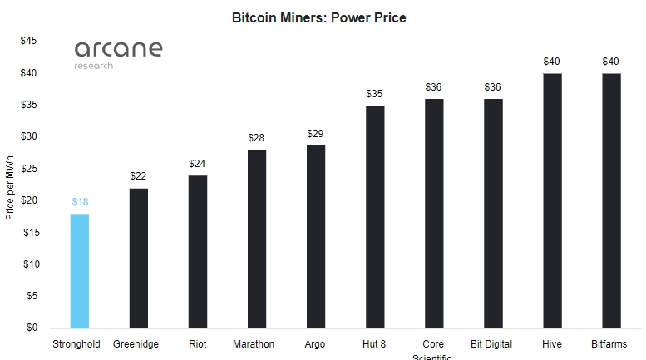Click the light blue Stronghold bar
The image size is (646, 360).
pyautogui.click(x=80, y=271)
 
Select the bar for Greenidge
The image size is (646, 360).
pyautogui.click(x=139, y=258)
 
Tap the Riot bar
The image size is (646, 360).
pyautogui.click(x=198, y=252)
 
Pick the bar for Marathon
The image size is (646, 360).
pyautogui.click(x=257, y=239)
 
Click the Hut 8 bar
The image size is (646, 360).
pyautogui.click(x=375, y=216)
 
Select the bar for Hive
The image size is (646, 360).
pyautogui.click(x=552, y=200)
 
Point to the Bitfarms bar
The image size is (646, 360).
pyautogui.click(x=611, y=200)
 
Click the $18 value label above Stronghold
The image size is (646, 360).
pyautogui.click(x=80, y=202)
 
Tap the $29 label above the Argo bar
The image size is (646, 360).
pyautogui.click(x=316, y=134)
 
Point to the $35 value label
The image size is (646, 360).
pyautogui.click(x=375, y=94)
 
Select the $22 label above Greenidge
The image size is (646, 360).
pyautogui.click(x=139, y=176)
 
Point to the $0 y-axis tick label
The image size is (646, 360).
pyautogui.click(x=31, y=328)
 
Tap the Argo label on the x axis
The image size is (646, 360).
pyautogui.click(x=316, y=343)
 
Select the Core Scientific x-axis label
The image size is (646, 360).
pyautogui.click(x=433, y=349)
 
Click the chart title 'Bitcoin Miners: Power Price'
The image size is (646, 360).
pyautogui.click(x=319, y=17)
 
